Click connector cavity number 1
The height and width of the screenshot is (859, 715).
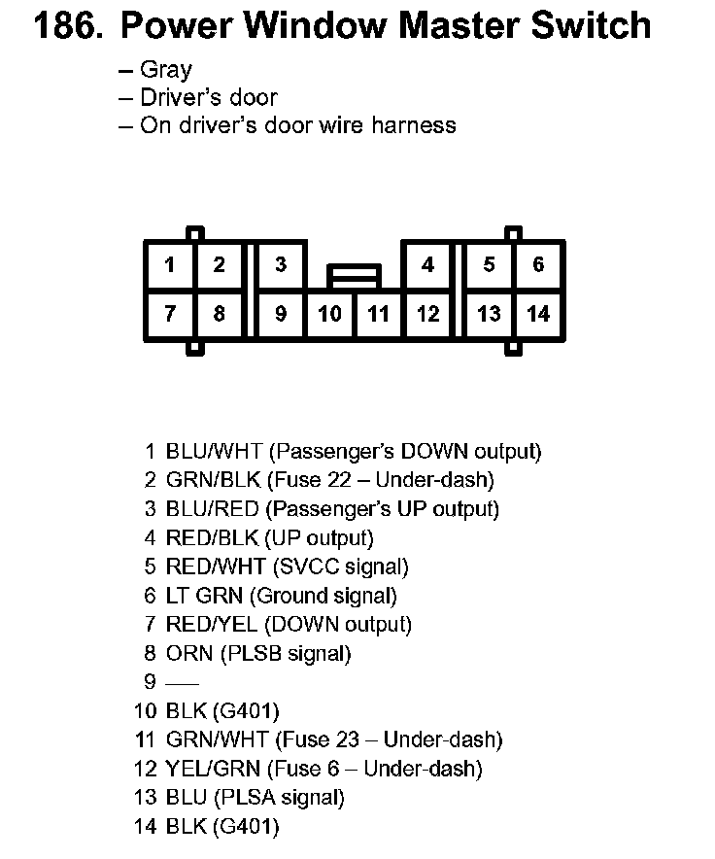pyautogui.click(x=170, y=264)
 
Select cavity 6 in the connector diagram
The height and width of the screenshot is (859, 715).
pyautogui.click(x=538, y=264)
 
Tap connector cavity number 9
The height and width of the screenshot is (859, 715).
pyautogui.click(x=281, y=314)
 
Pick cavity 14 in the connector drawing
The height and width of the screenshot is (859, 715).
pyautogui.click(x=538, y=314)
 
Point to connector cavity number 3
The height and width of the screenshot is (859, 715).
pyautogui.click(x=281, y=264)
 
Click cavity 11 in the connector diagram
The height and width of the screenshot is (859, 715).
pyautogui.click(x=379, y=314)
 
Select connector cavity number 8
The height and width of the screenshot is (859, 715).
pyautogui.click(x=220, y=314)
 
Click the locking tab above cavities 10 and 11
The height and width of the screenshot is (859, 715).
pyautogui.click(x=354, y=276)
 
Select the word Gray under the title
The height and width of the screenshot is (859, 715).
pyautogui.click(x=166, y=70)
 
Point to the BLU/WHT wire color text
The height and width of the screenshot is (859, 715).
pyautogui.click(x=215, y=452)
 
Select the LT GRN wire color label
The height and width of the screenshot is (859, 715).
pyautogui.click(x=204, y=596)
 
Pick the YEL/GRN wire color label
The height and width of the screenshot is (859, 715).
pyautogui.click(x=213, y=770)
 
